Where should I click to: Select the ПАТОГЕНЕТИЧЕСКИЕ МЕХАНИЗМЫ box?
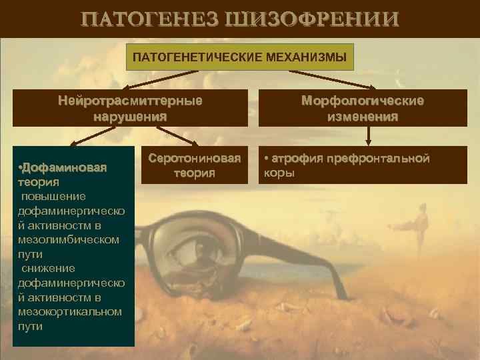(x=239, y=57)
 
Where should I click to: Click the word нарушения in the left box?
(x=130, y=116)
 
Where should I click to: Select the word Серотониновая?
(x=195, y=159)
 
